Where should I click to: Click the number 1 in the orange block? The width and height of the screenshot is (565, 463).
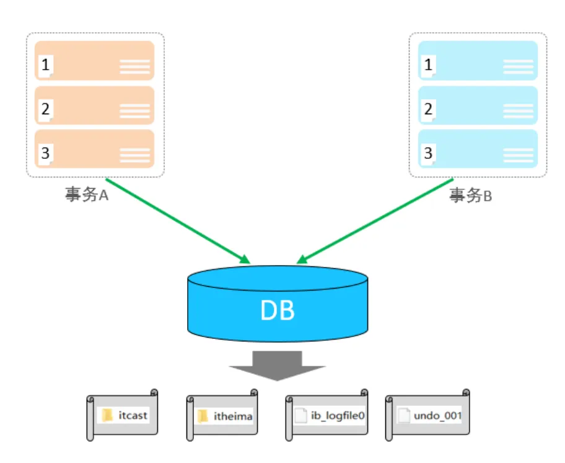click(x=45, y=65)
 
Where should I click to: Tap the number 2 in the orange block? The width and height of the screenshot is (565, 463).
click(x=45, y=109)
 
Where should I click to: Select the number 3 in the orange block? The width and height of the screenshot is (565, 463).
click(x=45, y=153)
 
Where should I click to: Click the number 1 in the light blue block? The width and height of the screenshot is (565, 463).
click(x=428, y=65)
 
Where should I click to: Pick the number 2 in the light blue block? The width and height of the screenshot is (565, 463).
click(x=428, y=109)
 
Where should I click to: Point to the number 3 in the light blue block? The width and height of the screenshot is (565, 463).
click(x=428, y=153)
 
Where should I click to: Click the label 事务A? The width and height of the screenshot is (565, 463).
click(x=87, y=194)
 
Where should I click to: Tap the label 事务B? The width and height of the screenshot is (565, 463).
click(x=470, y=196)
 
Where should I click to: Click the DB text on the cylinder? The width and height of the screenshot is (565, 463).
click(x=278, y=310)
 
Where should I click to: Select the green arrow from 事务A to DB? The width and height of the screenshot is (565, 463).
click(x=178, y=221)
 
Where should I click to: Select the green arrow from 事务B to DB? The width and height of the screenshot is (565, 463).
click(x=375, y=221)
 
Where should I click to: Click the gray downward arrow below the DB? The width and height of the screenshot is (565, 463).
click(x=277, y=366)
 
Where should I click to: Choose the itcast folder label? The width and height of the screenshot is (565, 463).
click(x=133, y=416)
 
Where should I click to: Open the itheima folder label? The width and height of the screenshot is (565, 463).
click(x=233, y=416)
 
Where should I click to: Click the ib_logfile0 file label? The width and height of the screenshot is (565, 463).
click(x=338, y=416)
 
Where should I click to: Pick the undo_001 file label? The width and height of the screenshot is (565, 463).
click(x=438, y=416)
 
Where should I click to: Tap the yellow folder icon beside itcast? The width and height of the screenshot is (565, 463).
click(x=107, y=415)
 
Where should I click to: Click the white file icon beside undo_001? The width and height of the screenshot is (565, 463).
click(x=403, y=415)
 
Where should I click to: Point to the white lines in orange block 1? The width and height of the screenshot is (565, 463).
click(x=135, y=67)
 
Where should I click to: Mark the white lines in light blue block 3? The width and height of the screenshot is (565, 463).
click(x=518, y=155)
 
